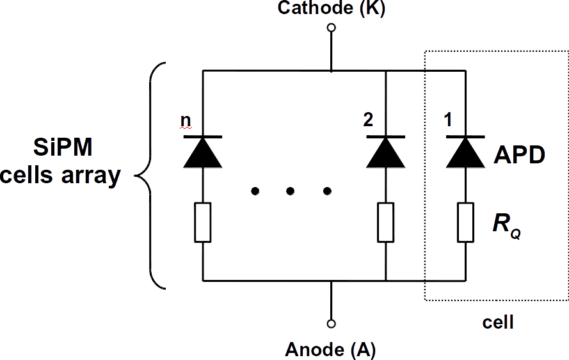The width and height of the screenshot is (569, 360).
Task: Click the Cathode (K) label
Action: coord(331,9)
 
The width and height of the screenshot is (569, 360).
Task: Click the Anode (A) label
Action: coord(330,350)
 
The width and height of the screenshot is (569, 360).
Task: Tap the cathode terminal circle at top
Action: coord(331,28)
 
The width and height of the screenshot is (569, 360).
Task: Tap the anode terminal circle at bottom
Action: coord(331,323)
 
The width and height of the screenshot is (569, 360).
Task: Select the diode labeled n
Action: coord(202,152)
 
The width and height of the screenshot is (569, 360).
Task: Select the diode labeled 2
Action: coord(385,152)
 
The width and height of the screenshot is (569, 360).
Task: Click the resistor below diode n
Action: coord(202,222)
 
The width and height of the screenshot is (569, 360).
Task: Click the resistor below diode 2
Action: coord(385,222)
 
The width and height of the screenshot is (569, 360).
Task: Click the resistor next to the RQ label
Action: coord(465,222)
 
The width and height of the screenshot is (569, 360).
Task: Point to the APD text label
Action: coord(519,154)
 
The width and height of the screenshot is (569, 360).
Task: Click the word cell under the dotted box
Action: coord(497,322)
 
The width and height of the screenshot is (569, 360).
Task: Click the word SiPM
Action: coord(63,149)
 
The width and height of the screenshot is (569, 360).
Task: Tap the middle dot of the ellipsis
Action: coord(291,191)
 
